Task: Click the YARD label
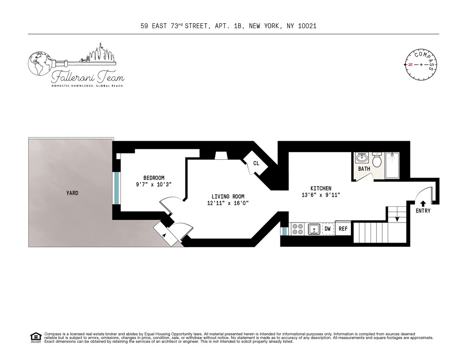click(72, 193)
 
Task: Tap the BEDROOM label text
click(154, 178)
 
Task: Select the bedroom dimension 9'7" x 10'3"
click(154, 185)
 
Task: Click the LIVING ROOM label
click(228, 197)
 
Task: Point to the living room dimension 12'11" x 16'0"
click(228, 203)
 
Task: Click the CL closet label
click(256, 163)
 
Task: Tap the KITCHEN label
click(321, 188)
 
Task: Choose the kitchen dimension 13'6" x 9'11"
click(321, 195)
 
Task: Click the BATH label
click(364, 169)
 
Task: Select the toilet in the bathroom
click(377, 160)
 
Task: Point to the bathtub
click(392, 165)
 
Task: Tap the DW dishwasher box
click(327, 228)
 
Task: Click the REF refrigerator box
click(343, 228)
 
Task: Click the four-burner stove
click(298, 228)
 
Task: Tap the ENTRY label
click(423, 211)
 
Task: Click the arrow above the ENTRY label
click(423, 203)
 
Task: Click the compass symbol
click(421, 65)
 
